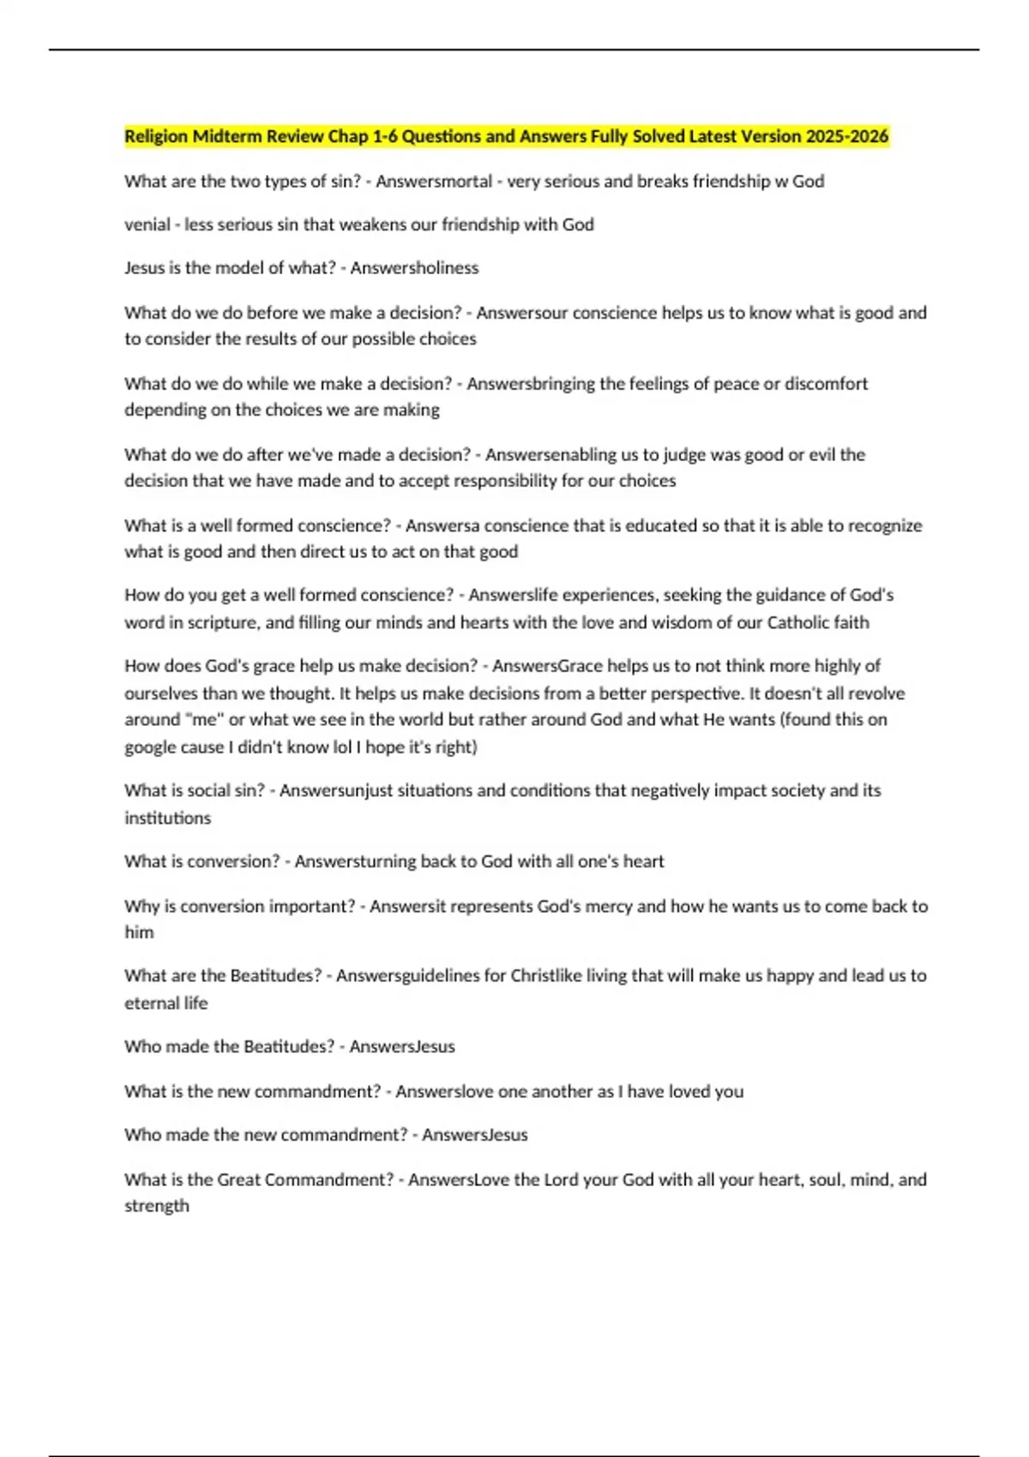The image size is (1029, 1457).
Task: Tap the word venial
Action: [x=147, y=225]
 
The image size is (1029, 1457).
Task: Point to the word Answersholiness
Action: [x=414, y=267]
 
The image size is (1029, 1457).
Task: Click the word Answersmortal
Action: [x=434, y=181]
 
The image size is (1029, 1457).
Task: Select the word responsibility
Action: [x=496, y=481]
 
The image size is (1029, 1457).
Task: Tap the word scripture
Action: [x=223, y=622]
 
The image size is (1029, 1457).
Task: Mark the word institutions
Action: [x=167, y=818]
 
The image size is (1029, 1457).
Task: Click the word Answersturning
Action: [x=355, y=861]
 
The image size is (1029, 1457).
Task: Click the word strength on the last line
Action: [x=156, y=1206]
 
